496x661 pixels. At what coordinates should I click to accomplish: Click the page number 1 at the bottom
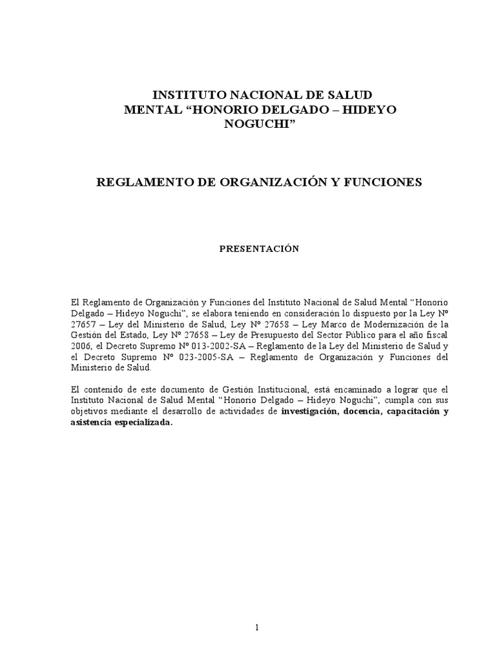257,629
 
